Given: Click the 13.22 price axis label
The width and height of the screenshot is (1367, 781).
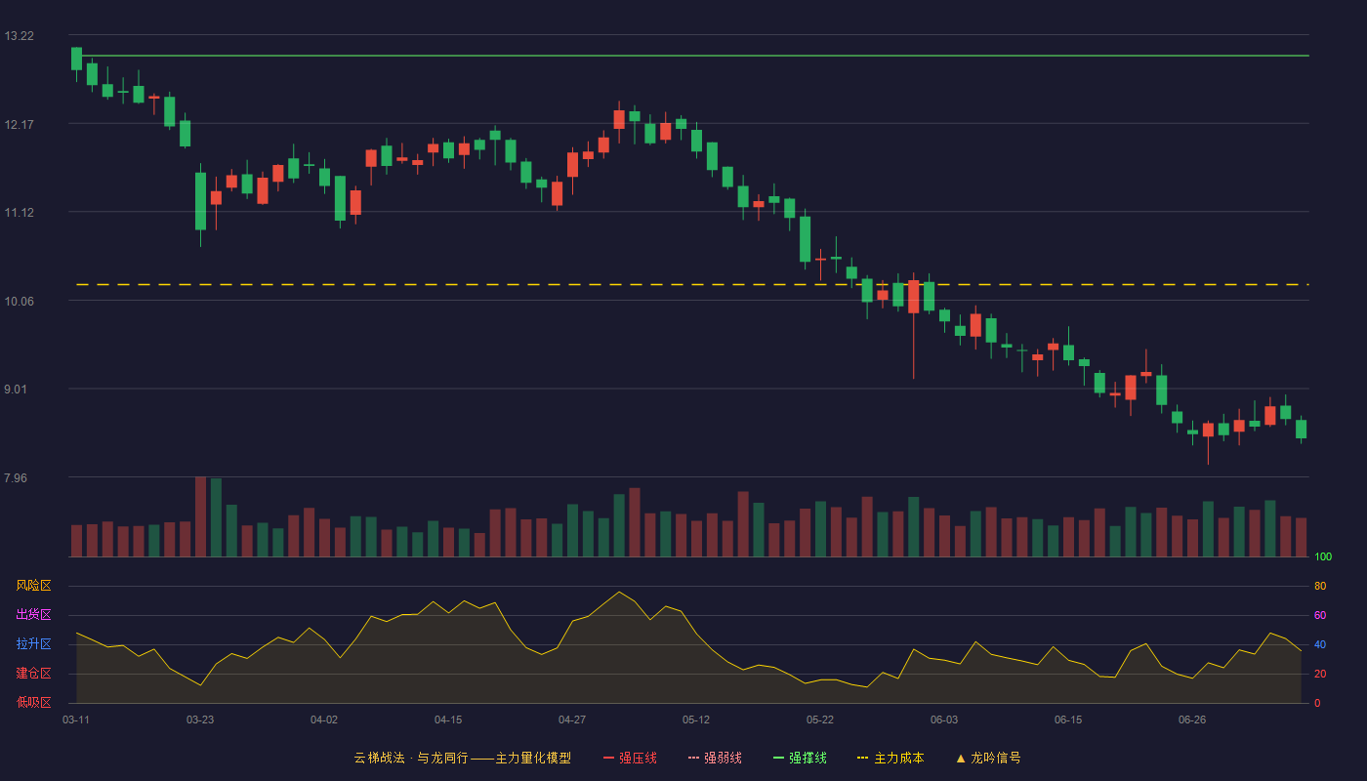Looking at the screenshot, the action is coord(19,36).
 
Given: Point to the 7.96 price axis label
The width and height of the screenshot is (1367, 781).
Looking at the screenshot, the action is coord(16,477).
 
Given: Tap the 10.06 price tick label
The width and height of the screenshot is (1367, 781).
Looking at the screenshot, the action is coord(19,302).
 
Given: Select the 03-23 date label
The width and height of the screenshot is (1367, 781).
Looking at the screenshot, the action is coord(200,720).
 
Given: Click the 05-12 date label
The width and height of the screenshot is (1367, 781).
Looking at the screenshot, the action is coord(696,720).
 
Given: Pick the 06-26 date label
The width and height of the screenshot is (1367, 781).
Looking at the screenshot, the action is coord(1192,720).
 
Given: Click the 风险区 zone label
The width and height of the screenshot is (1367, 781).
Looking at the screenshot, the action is coord(33,586).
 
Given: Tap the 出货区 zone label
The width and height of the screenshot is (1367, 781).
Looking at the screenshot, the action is coord(33,614).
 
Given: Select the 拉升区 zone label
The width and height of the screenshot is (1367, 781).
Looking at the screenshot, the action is coord(33,643).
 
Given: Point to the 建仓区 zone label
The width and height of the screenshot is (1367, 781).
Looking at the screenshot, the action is coord(33,673).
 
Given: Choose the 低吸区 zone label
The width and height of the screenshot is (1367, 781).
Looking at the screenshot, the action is coord(33,702).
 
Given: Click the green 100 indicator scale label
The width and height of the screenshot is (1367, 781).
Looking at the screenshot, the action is coord(1323,556).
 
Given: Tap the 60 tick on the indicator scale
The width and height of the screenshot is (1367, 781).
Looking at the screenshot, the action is coord(1320,615).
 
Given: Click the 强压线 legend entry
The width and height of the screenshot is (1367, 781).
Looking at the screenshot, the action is coord(630,758).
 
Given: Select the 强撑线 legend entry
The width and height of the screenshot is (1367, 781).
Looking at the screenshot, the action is coord(800,758).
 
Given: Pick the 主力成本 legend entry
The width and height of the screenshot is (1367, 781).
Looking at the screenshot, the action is coord(891,758).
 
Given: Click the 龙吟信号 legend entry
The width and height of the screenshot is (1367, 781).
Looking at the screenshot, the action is coord(988,758).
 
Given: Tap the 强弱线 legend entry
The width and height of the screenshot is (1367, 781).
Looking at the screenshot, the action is coord(715,758).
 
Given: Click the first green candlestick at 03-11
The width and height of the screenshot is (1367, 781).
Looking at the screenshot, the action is coord(76,60).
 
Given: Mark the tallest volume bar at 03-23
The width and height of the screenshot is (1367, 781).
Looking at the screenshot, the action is coord(200,516).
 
